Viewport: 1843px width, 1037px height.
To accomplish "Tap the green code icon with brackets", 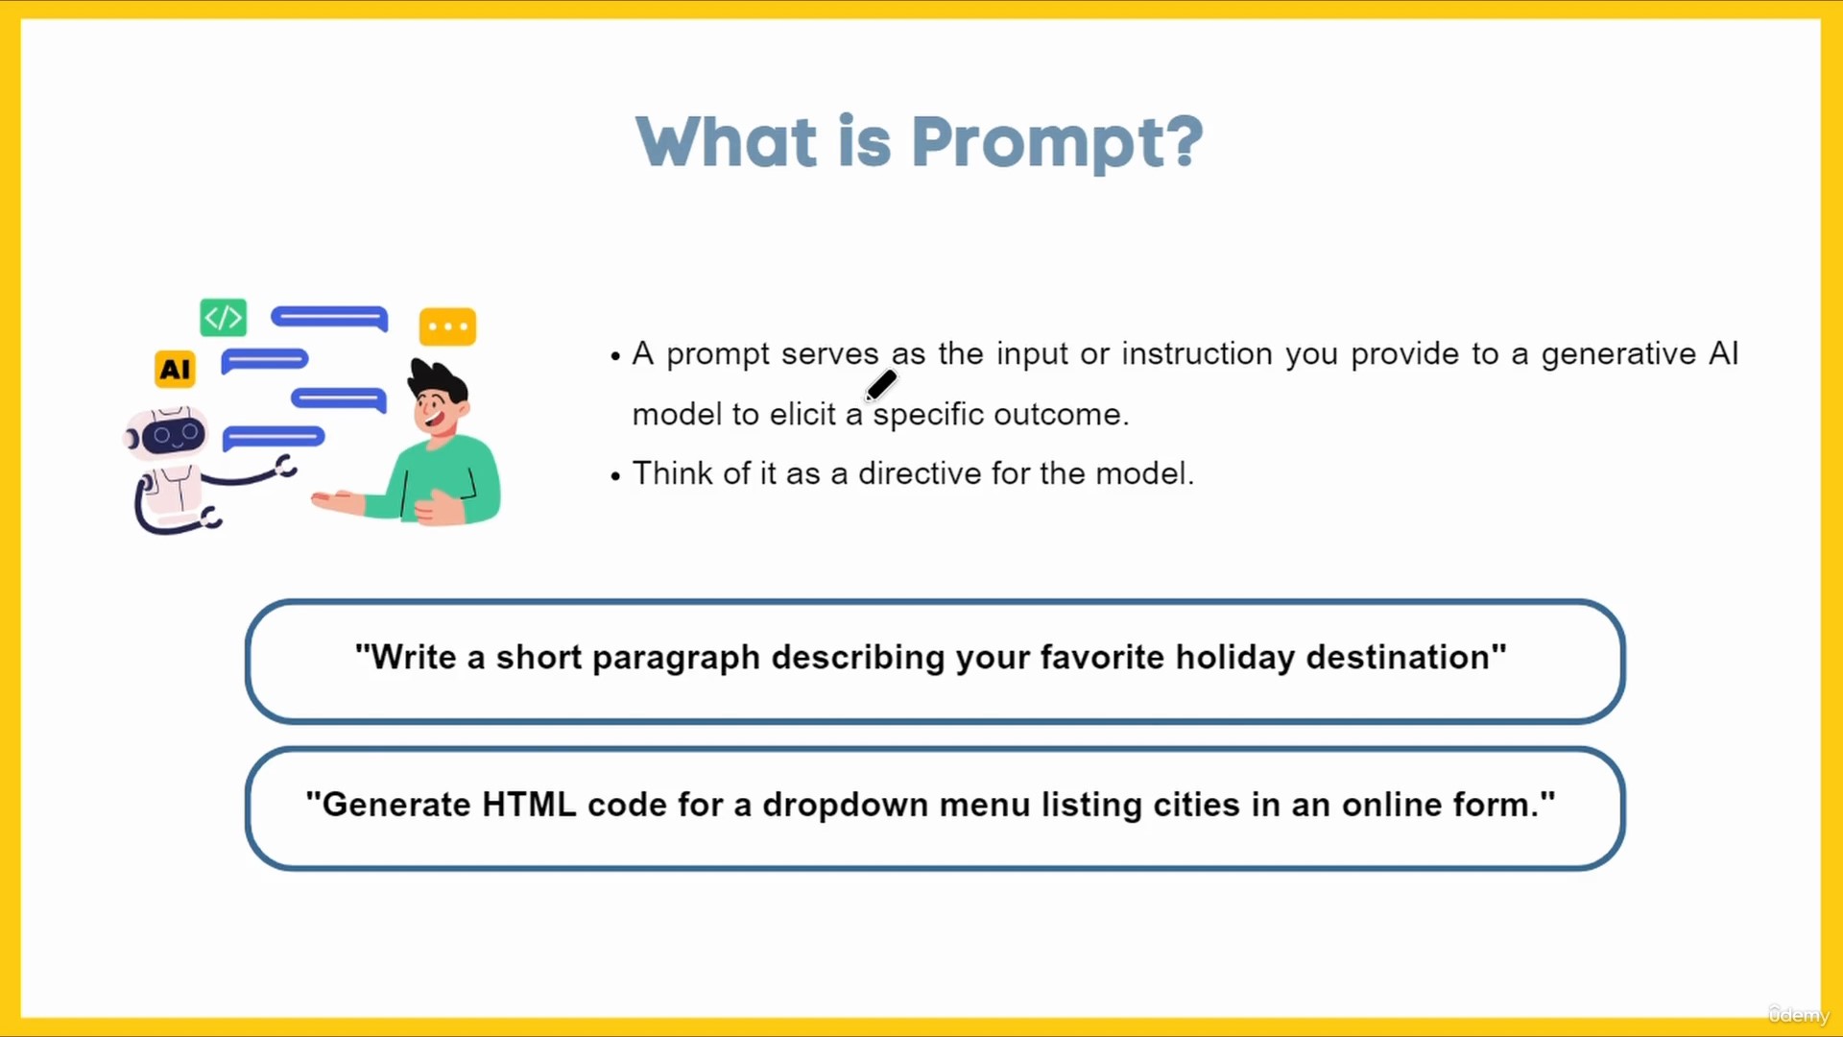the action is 223,317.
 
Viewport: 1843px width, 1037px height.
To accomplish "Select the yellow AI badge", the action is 175,369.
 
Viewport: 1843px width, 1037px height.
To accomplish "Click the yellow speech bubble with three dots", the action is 447,326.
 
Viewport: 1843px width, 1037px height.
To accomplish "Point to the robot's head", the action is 167,434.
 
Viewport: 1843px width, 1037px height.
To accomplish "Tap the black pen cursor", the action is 881,385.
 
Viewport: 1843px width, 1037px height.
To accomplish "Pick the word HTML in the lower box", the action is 529,805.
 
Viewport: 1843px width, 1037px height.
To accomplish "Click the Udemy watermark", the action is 1799,1015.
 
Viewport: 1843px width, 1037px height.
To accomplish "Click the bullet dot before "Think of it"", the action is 615,476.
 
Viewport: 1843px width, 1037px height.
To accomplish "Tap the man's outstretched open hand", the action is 337,499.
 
